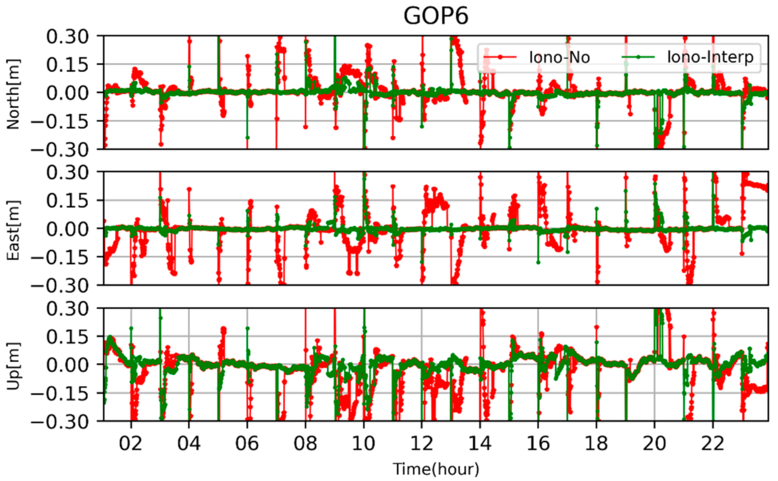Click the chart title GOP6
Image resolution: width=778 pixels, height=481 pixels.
435,16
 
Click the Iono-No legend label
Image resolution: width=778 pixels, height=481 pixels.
559,57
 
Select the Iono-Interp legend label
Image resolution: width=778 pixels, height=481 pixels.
710,57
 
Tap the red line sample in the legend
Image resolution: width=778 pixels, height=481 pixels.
500,57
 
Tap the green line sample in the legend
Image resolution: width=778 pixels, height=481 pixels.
638,57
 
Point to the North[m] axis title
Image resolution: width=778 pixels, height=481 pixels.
13,93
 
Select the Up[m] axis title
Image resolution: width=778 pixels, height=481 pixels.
13,366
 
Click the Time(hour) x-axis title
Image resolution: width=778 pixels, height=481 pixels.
435,469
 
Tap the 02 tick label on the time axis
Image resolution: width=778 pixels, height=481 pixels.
131,443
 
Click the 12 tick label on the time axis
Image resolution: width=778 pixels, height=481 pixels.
422,443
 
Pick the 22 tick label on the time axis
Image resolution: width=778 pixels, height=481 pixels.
712,443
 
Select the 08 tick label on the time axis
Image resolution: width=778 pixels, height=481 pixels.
305,443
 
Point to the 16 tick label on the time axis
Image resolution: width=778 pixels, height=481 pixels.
538,443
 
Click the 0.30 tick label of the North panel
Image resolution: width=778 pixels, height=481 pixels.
67,37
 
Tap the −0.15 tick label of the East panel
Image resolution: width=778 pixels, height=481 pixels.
60,257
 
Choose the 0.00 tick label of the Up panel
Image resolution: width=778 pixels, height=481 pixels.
67,365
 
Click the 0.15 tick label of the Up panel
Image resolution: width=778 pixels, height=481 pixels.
67,337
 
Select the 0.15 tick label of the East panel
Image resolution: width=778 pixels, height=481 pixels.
67,201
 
